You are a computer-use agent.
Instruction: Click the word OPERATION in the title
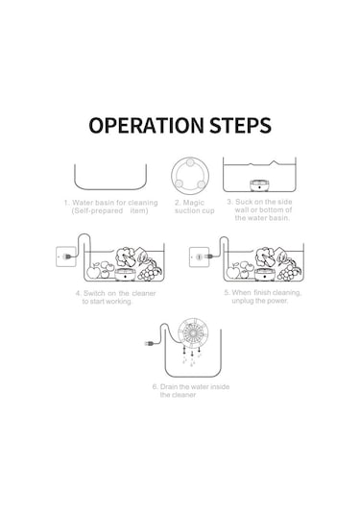(x=146, y=125)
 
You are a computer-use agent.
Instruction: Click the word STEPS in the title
(x=240, y=125)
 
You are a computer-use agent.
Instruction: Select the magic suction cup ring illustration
(x=190, y=176)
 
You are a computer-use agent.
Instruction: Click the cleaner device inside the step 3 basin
(x=259, y=185)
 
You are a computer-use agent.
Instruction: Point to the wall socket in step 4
(x=66, y=257)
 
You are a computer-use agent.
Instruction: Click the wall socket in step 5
(x=199, y=257)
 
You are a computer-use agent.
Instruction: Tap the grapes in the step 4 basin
(x=149, y=272)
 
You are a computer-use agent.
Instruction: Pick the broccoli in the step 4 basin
(x=125, y=256)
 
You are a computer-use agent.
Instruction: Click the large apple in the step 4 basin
(x=94, y=273)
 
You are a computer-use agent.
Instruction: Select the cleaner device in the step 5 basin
(x=265, y=275)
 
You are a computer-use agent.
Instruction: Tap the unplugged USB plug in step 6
(x=150, y=344)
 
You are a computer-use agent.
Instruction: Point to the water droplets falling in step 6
(x=192, y=357)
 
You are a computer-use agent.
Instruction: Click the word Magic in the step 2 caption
(x=194, y=203)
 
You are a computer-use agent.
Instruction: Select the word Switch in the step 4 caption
(x=94, y=293)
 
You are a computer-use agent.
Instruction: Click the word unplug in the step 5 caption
(x=243, y=301)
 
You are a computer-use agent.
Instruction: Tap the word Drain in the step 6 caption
(x=169, y=386)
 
